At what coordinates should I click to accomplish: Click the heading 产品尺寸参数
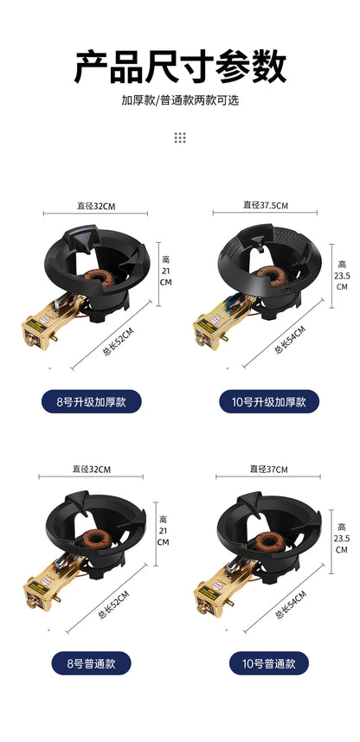click(x=180, y=67)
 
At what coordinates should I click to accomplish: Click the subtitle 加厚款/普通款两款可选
click(x=180, y=100)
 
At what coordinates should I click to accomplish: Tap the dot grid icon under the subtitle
click(x=180, y=138)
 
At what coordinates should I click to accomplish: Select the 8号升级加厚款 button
click(x=91, y=401)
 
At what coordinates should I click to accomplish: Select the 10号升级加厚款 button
click(x=268, y=401)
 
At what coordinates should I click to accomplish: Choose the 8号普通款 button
click(x=91, y=663)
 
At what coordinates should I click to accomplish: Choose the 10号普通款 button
click(x=268, y=663)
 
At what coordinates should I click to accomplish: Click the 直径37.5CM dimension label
click(x=266, y=205)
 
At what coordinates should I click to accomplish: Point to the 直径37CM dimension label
click(x=268, y=469)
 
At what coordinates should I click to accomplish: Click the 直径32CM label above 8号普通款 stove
click(x=92, y=470)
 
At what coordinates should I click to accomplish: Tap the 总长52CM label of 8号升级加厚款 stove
click(x=119, y=340)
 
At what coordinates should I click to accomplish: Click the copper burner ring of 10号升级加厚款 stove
click(x=276, y=277)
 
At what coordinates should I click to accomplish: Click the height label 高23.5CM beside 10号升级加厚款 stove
click(x=342, y=275)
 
